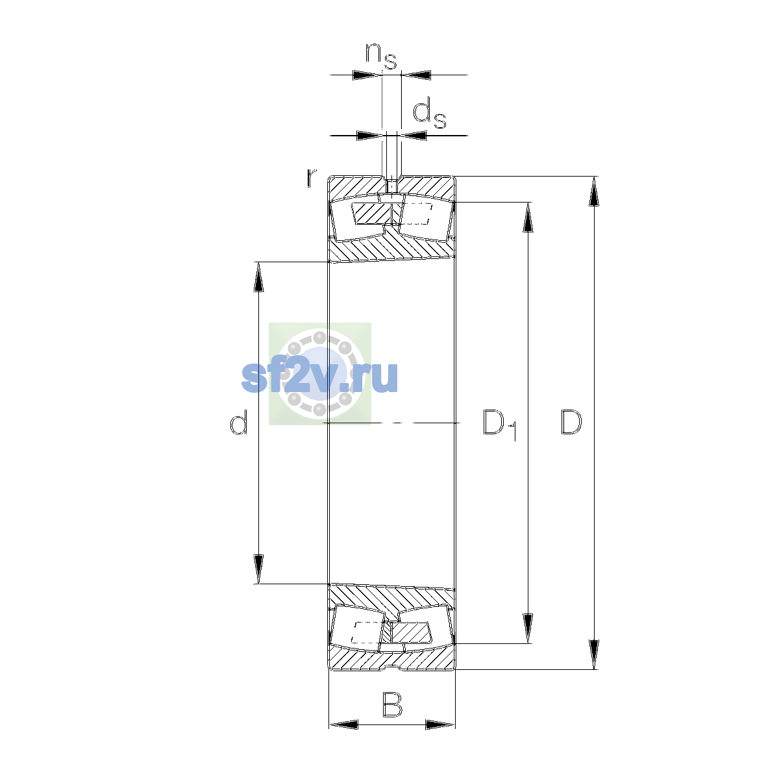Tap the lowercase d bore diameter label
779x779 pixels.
[238, 421]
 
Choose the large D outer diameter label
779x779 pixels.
[571, 422]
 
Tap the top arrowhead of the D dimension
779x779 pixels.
[593, 192]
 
